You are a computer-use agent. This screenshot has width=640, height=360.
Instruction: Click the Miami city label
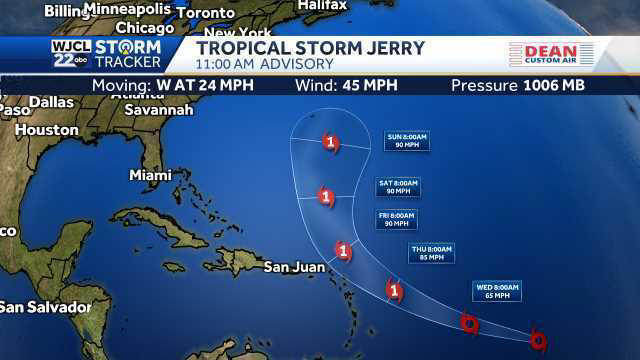150,175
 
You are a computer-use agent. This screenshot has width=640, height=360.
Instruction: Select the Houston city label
46,130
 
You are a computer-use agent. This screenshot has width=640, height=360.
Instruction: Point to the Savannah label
159,109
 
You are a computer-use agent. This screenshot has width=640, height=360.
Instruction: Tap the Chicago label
144,28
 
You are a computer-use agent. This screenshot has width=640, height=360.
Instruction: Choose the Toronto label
204,13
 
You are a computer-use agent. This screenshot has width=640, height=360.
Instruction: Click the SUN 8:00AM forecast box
407,141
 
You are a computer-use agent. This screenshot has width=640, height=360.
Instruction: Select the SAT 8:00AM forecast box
398,187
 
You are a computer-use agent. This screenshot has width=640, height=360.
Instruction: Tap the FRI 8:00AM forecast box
395,219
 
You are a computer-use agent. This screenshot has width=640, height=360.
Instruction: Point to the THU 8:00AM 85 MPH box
431,253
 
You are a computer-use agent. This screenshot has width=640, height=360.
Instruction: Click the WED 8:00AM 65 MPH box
497,291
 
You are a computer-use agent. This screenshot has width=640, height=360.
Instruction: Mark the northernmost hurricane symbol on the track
331,142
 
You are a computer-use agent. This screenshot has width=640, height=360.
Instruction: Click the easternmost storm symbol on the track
538,340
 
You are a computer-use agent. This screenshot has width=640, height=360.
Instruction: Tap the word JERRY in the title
389,48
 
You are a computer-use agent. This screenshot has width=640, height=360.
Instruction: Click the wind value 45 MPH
379,85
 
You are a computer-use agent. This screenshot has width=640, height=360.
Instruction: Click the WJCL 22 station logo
68,53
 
